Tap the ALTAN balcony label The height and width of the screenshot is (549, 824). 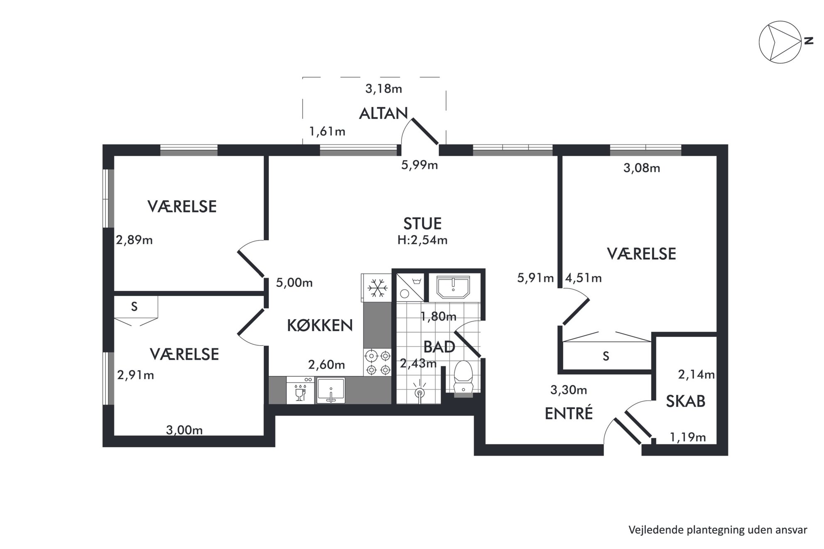(383, 113)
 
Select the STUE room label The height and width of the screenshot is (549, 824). (422, 224)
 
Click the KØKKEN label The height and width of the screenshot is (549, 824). (320, 325)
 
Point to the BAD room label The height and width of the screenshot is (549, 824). (439, 346)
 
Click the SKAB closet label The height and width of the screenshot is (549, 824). (686, 401)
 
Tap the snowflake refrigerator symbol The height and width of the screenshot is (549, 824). (377, 288)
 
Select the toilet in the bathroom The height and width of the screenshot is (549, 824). (463, 377)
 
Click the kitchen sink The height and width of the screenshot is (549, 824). (331, 390)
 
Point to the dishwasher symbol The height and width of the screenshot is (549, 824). (300, 390)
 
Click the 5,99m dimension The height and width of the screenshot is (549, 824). (419, 165)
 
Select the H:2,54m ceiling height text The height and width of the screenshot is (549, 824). (422, 240)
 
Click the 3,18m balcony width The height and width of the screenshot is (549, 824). (384, 88)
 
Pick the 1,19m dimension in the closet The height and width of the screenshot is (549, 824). (688, 437)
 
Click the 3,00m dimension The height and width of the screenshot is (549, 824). (184, 430)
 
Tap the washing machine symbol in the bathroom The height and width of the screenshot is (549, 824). (410, 287)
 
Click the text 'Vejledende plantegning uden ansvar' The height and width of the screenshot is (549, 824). (718, 530)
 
